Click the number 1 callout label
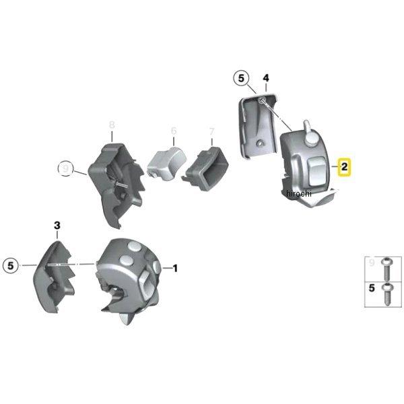[175, 269]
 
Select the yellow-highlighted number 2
[345, 166]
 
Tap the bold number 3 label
[57, 226]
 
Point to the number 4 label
[266, 79]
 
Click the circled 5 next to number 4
[242, 79]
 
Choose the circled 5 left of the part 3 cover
[11, 265]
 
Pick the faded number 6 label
[173, 131]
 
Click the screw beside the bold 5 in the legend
[387, 294]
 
